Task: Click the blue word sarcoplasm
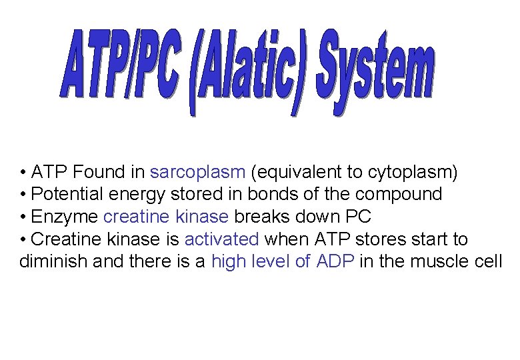198,173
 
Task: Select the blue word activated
221,239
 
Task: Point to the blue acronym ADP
335,261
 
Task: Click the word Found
99,173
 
